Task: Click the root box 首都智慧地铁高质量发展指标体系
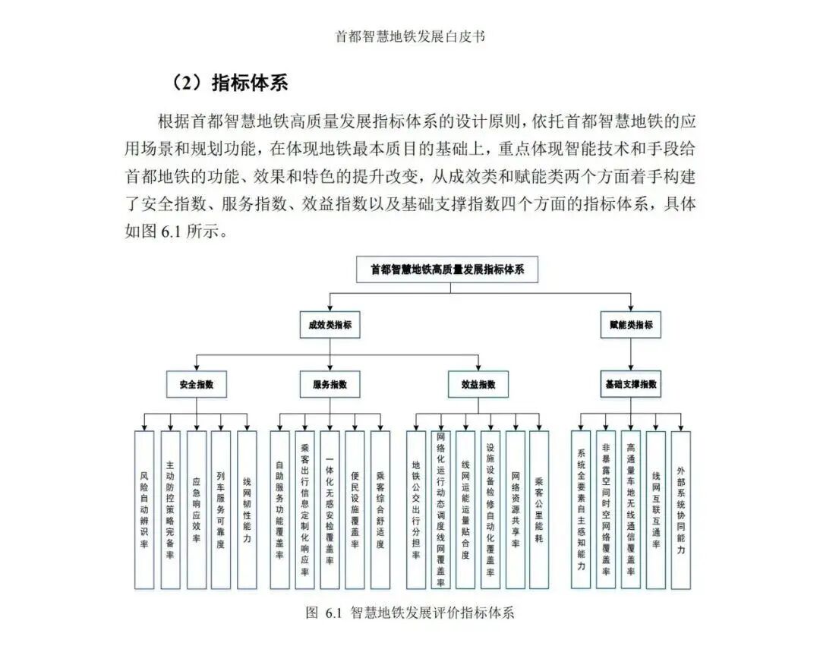click(x=447, y=269)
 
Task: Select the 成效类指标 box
click(x=329, y=325)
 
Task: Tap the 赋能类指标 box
click(x=630, y=325)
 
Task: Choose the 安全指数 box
click(x=197, y=384)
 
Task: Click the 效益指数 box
click(x=478, y=384)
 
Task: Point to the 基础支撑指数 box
click(x=630, y=384)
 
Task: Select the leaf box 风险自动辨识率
click(x=144, y=509)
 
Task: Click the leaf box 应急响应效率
click(x=196, y=509)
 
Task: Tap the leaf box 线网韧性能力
click(x=247, y=509)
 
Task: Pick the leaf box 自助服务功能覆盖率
click(x=279, y=509)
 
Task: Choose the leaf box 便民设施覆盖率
click(x=355, y=509)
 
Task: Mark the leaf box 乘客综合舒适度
click(x=380, y=509)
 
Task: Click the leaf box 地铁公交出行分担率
click(x=415, y=509)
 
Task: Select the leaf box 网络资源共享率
click(x=515, y=509)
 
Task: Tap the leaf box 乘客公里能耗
click(x=539, y=509)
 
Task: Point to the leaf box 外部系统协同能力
click(x=680, y=509)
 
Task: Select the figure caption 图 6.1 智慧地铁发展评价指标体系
click(x=410, y=613)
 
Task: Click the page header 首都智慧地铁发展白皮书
click(x=410, y=36)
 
